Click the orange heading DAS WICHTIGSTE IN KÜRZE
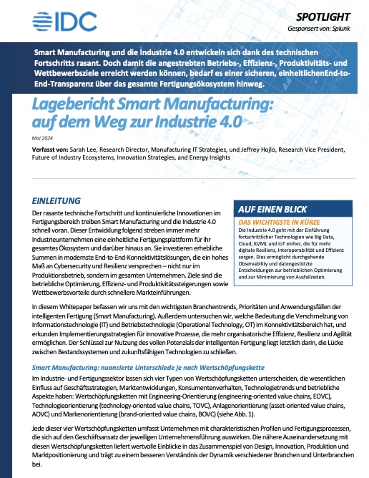click(278, 222)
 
